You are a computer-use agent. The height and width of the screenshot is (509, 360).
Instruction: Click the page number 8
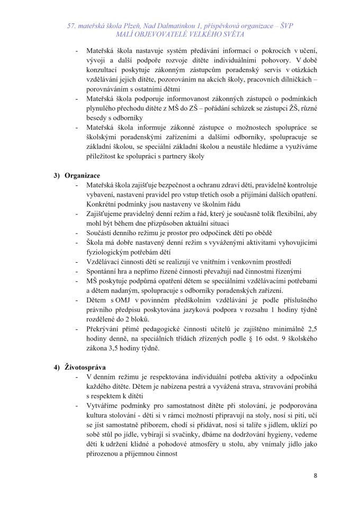(x=316, y=475)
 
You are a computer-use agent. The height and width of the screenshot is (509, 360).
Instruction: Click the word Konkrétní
(x=101, y=204)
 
